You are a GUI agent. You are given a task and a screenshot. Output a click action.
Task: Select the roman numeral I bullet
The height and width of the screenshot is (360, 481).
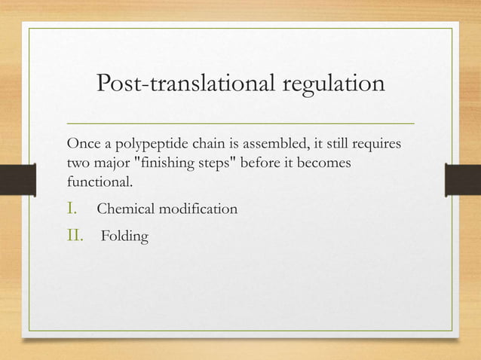tap(72, 208)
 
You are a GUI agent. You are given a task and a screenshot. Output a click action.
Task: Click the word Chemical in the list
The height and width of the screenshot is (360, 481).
tap(126, 209)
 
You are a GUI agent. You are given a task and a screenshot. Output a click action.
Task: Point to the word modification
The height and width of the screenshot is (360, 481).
tap(197, 209)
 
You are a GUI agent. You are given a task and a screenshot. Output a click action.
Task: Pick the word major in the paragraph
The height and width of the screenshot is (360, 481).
tap(111, 163)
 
